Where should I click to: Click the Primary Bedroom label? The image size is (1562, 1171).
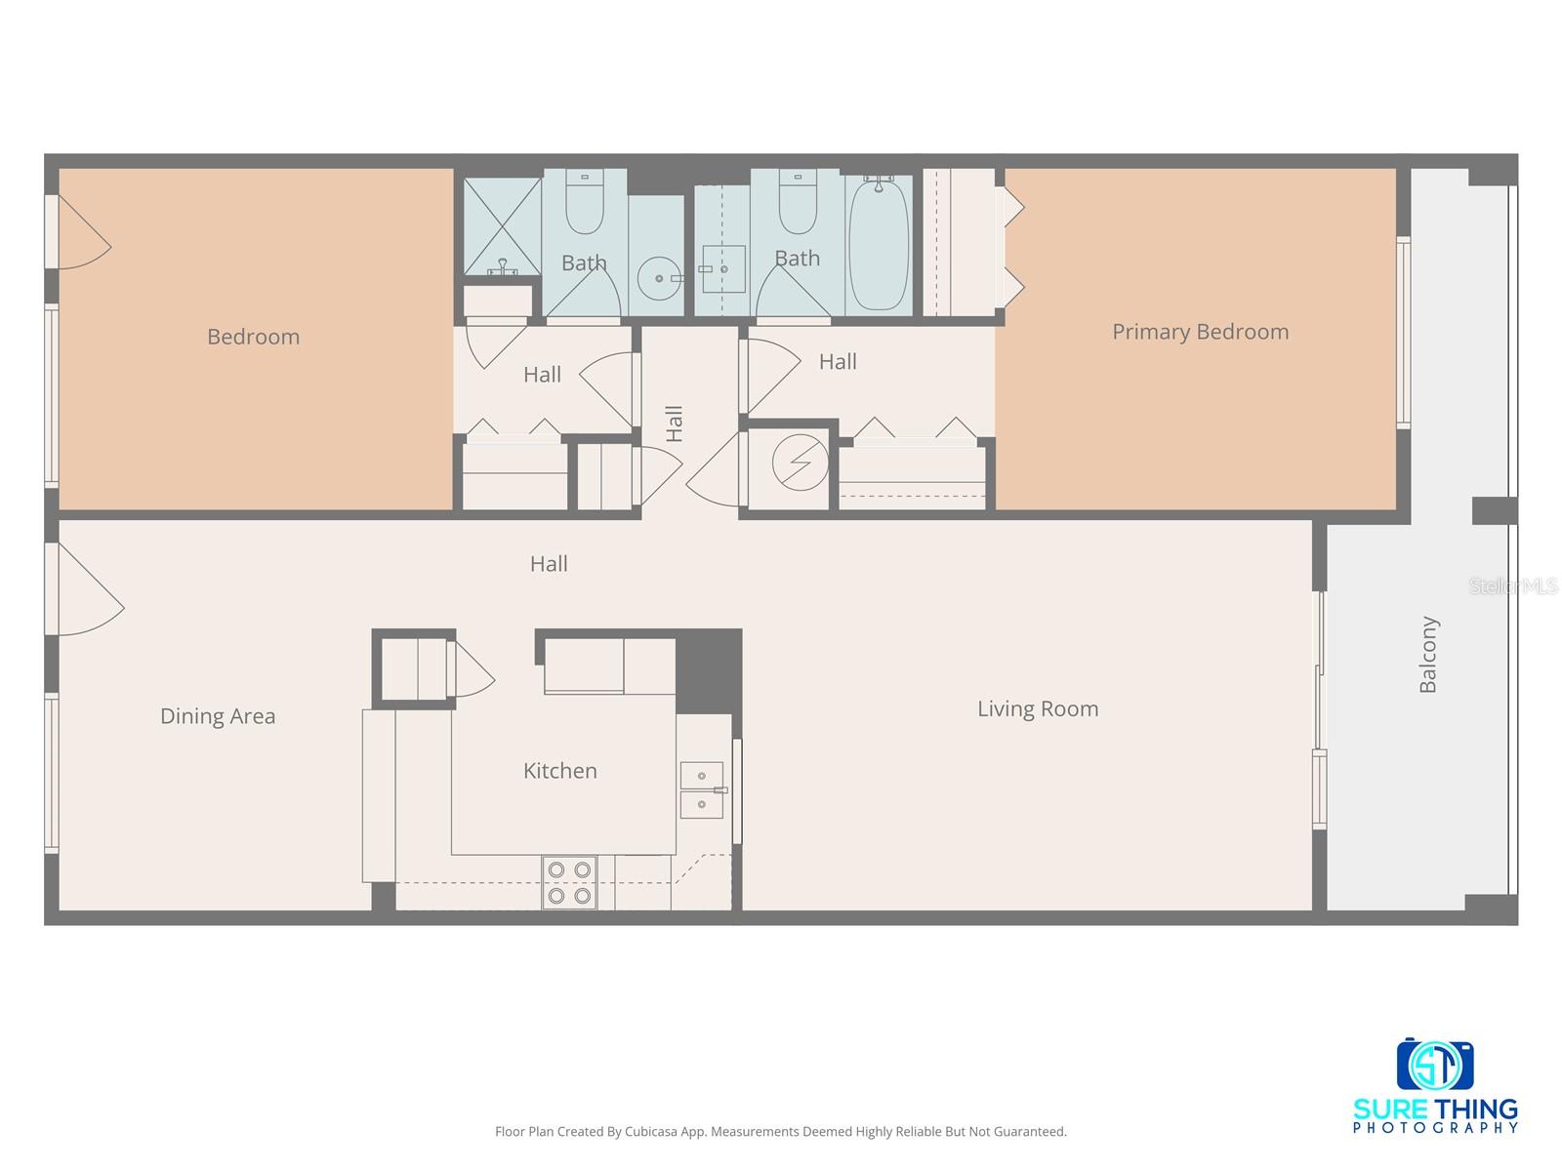point(1200,332)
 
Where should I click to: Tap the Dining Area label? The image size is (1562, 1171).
point(218,716)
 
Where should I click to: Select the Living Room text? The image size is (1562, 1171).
point(1038,708)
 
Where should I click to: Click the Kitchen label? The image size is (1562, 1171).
point(559,771)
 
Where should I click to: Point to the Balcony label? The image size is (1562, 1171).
point(1428,655)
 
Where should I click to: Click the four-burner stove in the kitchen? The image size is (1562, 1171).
point(569,882)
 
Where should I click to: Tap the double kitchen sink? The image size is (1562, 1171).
point(701,789)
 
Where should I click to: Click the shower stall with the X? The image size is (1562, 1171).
point(502,226)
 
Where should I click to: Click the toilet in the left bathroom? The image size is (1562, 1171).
point(585,204)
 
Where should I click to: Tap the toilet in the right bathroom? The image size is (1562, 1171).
point(798,204)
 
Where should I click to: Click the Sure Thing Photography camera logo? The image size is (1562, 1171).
point(1435,1067)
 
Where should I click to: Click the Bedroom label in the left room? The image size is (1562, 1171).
point(253,337)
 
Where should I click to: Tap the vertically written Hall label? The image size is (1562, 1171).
point(674,424)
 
